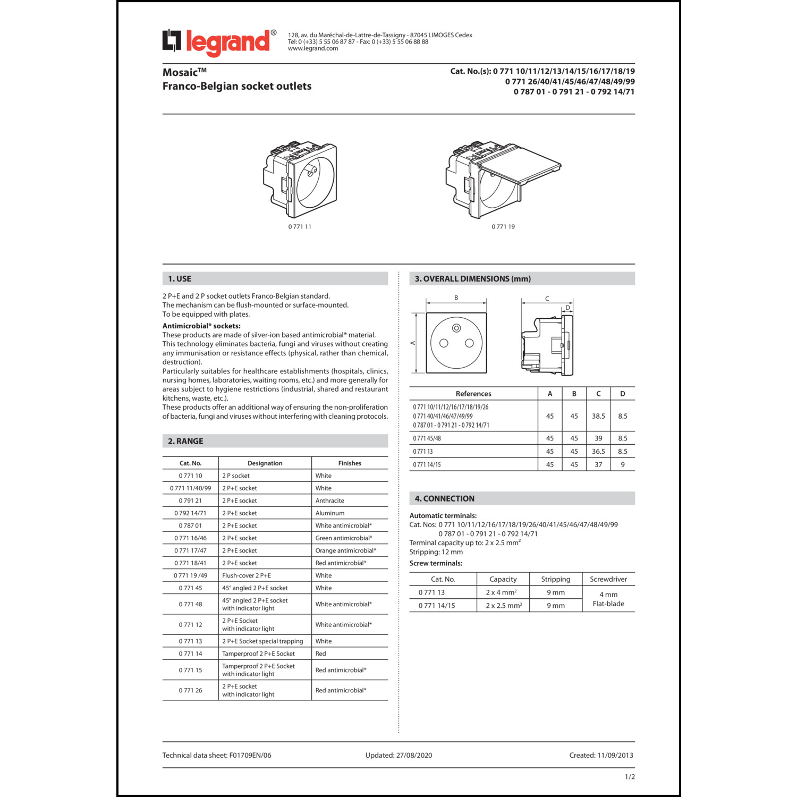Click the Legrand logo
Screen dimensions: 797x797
(x=219, y=43)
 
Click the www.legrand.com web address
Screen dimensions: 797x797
(x=313, y=48)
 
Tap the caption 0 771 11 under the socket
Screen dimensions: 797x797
(x=300, y=227)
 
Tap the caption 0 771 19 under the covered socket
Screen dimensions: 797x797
(x=503, y=227)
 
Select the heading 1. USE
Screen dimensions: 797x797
(x=180, y=279)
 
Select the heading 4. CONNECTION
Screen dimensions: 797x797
(x=445, y=499)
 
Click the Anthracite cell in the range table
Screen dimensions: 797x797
(x=330, y=501)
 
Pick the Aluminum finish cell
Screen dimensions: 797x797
(x=330, y=513)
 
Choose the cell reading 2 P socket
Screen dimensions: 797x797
(x=236, y=476)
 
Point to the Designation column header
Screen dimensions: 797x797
(x=265, y=463)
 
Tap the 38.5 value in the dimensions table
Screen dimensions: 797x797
(x=598, y=417)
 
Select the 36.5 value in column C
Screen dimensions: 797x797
(x=598, y=452)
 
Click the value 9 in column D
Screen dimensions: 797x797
(x=623, y=465)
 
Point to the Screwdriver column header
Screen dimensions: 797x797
(x=608, y=579)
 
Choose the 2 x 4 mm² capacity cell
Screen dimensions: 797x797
(x=501, y=592)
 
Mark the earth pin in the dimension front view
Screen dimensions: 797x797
(x=456, y=328)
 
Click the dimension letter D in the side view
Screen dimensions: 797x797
(x=567, y=308)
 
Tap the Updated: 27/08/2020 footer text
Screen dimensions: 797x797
(x=398, y=756)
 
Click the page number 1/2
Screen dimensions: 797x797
(x=630, y=777)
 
